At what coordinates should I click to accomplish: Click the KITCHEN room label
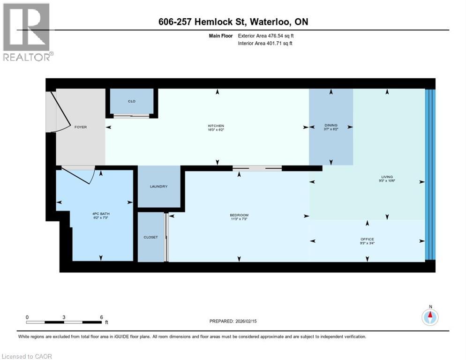tap(216, 126)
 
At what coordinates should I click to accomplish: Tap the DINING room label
tap(331, 126)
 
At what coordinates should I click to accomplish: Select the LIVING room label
tap(387, 177)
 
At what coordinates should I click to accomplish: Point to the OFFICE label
tap(367, 240)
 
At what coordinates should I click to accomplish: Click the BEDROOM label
tap(240, 215)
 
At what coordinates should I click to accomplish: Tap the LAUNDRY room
tap(158, 187)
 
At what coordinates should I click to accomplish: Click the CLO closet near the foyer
tap(132, 101)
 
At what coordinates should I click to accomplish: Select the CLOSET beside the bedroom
tap(150, 237)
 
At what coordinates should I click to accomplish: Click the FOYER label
tap(80, 127)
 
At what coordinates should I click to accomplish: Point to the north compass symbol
tap(429, 317)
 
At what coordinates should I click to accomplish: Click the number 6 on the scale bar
tap(101, 317)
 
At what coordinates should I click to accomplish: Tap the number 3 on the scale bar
tap(64, 317)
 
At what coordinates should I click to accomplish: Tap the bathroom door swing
tap(80, 176)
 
